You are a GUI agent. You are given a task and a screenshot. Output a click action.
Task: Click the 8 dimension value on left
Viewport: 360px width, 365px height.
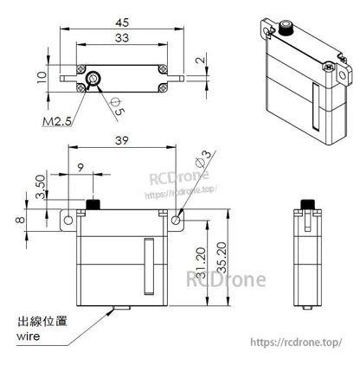pos(19,220)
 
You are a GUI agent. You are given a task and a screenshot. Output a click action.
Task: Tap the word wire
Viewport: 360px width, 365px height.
pos(29,335)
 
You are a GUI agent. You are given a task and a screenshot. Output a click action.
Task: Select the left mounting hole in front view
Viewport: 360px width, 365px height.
pos(67,221)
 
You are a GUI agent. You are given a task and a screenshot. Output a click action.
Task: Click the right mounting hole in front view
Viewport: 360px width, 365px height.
pos(177,221)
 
